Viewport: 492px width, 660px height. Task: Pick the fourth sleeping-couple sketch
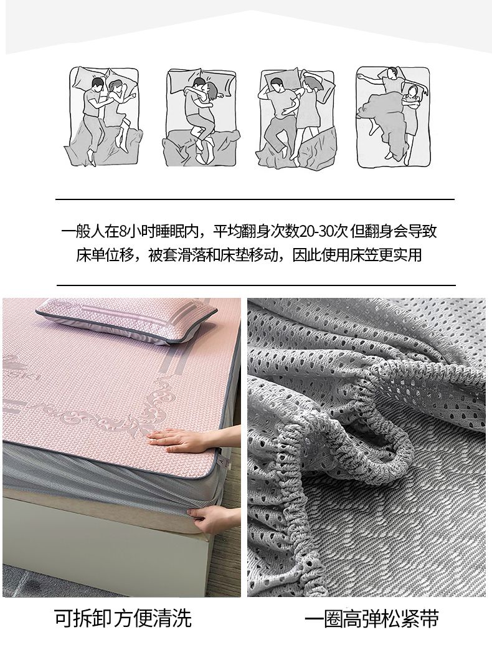[x=393, y=116]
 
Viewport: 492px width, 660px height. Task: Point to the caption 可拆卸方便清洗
[x=123, y=618]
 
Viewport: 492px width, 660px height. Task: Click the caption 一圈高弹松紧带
[x=371, y=619]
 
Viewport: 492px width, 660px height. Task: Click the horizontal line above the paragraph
[x=255, y=199]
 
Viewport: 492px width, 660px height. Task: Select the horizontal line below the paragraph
[x=256, y=285]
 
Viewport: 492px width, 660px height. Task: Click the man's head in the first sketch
[x=97, y=85]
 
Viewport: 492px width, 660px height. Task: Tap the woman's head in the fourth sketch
[x=413, y=90]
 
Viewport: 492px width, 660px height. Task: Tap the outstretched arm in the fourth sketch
[x=369, y=77]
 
